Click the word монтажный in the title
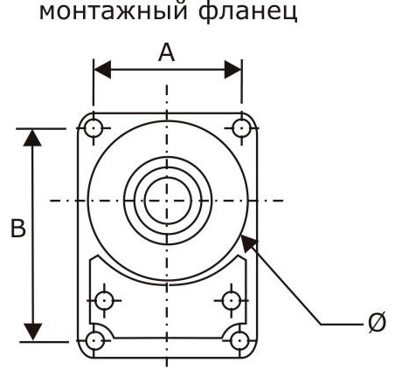pyautogui.click(x=113, y=11)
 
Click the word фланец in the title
pyautogui.click(x=247, y=11)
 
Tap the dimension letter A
pyautogui.click(x=167, y=52)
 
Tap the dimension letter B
pyautogui.click(x=18, y=228)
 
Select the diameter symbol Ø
pyautogui.click(x=377, y=322)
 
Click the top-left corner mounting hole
pyautogui.click(x=94, y=128)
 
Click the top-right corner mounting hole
pyautogui.click(x=242, y=128)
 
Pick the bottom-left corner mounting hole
pyautogui.click(x=94, y=340)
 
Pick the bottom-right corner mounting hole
pyautogui.click(x=239, y=340)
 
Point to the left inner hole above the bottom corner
pyautogui.click(x=105, y=301)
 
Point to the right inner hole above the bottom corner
pyautogui.click(x=231, y=301)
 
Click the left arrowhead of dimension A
pyautogui.click(x=102, y=70)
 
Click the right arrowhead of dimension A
pyautogui.click(x=233, y=70)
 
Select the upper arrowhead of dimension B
pyautogui.click(x=32, y=138)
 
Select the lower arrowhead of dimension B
pyautogui.click(x=32, y=332)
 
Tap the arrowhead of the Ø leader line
pyautogui.click(x=248, y=243)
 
